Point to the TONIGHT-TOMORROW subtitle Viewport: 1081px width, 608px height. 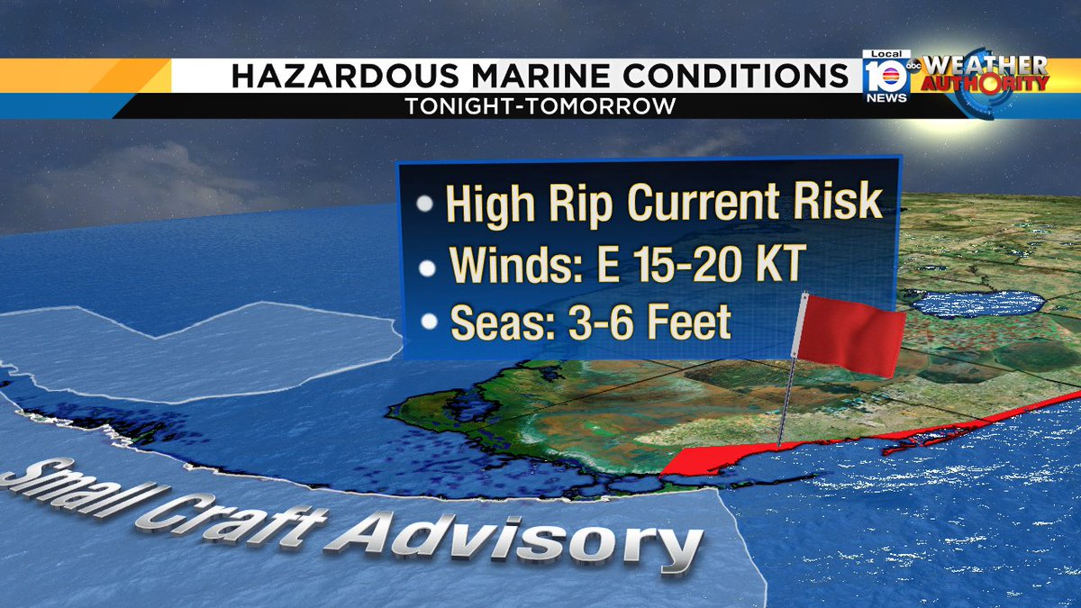540,105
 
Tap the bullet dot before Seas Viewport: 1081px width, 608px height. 431,323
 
